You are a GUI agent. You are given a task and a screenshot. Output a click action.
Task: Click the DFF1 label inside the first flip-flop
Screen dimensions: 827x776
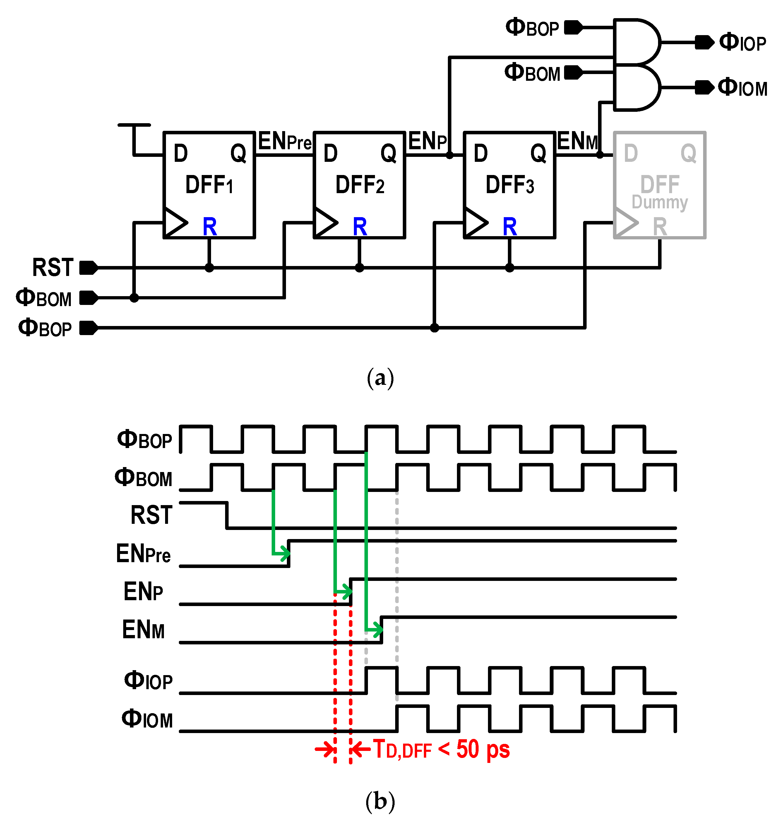click(209, 185)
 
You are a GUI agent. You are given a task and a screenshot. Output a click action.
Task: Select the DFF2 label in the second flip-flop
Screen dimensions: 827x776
click(359, 185)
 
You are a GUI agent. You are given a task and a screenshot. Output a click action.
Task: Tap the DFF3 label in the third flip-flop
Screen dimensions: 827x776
click(510, 185)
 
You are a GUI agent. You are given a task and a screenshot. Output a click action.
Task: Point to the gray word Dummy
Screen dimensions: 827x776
click(659, 203)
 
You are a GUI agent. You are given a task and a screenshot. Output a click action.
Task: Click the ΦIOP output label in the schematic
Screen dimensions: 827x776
click(743, 42)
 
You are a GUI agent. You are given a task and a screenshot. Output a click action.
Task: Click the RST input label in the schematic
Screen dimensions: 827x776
click(53, 267)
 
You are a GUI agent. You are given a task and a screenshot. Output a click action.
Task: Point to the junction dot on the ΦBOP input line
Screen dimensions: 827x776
click(434, 328)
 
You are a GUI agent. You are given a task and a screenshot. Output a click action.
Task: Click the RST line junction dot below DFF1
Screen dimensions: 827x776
click(209, 268)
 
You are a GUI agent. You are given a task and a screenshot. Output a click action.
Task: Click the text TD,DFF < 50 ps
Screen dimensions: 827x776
click(441, 750)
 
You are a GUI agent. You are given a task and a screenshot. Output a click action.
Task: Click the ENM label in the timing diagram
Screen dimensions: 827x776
click(143, 629)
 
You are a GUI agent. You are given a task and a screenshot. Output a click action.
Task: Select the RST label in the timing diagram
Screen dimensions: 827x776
click(151, 515)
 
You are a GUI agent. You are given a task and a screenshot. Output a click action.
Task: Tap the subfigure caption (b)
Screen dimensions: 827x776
click(380, 800)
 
